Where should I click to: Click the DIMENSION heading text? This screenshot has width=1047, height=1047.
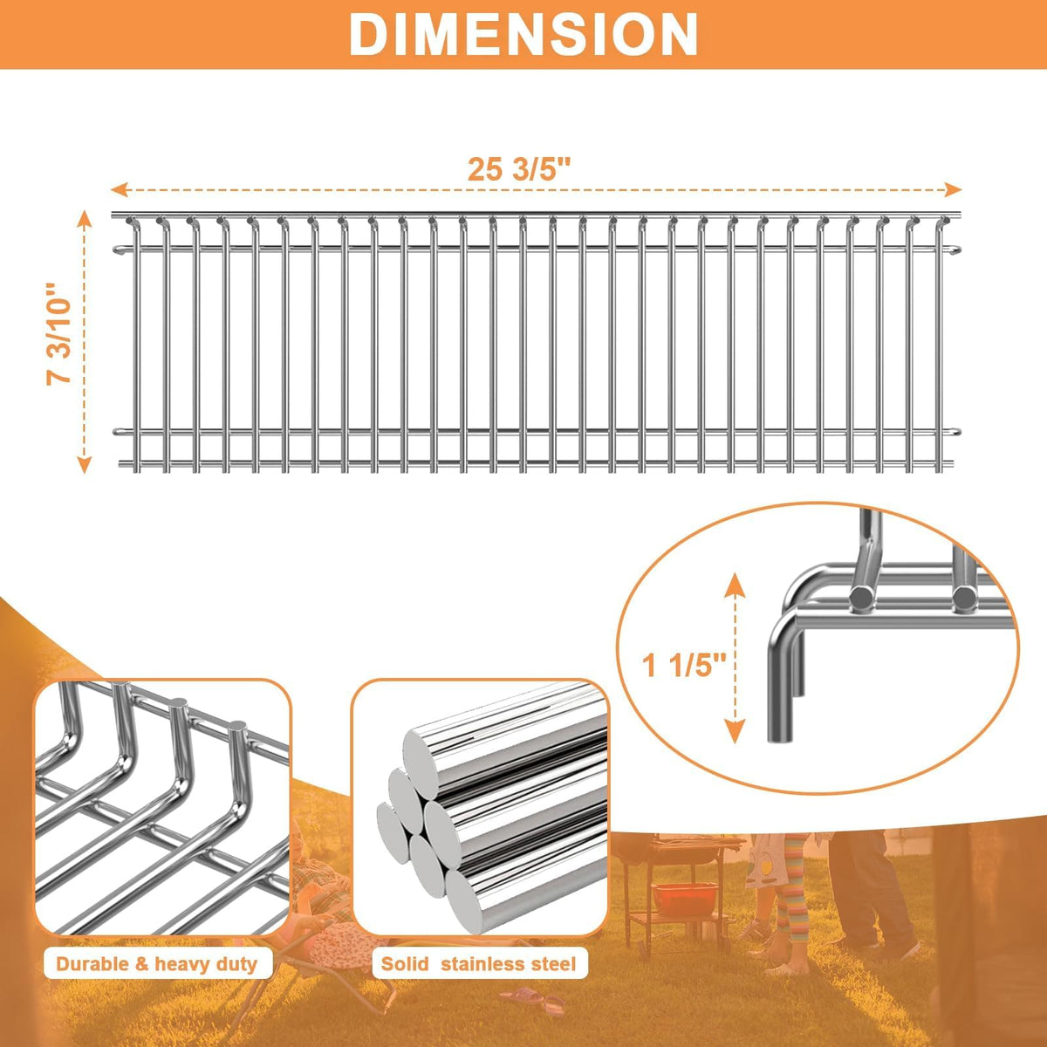tap(523, 34)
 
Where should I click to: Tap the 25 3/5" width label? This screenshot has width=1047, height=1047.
tap(519, 169)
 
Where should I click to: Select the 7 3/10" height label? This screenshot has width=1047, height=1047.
tap(58, 333)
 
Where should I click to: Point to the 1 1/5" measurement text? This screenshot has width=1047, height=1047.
tap(684, 665)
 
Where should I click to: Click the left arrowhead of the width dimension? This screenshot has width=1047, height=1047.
tap(119, 189)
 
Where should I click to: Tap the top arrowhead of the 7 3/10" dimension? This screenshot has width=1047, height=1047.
tap(85, 219)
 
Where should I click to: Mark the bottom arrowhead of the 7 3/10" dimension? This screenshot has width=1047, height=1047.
tap(85, 465)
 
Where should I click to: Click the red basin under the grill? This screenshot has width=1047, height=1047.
tap(685, 898)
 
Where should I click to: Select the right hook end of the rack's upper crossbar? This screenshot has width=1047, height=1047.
tap(955, 250)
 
